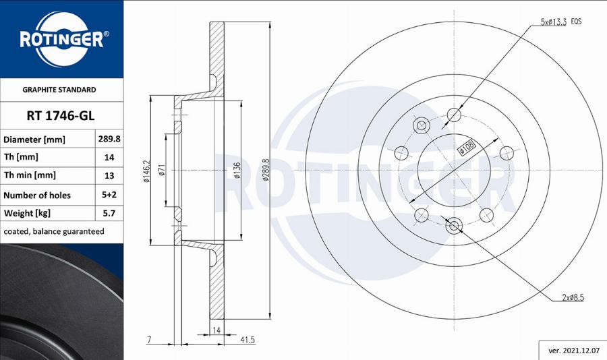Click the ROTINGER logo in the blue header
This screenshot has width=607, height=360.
click(x=61, y=38)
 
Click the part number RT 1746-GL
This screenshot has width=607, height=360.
click(x=60, y=115)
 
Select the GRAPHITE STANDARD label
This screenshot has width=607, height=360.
click(x=59, y=90)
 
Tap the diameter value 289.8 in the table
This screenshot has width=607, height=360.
click(x=109, y=140)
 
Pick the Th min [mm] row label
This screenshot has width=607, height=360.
click(x=30, y=175)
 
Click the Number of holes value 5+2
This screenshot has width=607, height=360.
click(x=109, y=196)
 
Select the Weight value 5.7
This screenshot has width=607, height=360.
click(x=109, y=214)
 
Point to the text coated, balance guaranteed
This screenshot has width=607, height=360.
click(x=54, y=231)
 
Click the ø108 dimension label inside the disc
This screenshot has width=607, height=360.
click(x=467, y=148)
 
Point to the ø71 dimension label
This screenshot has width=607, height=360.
click(x=162, y=171)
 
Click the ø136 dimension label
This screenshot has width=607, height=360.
click(x=237, y=171)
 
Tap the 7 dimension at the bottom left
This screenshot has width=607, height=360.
click(x=149, y=340)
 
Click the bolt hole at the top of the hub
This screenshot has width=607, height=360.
click(x=454, y=115)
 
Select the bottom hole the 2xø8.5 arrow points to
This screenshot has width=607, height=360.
click(x=454, y=226)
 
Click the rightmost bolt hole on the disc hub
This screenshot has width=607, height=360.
click(x=505, y=151)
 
